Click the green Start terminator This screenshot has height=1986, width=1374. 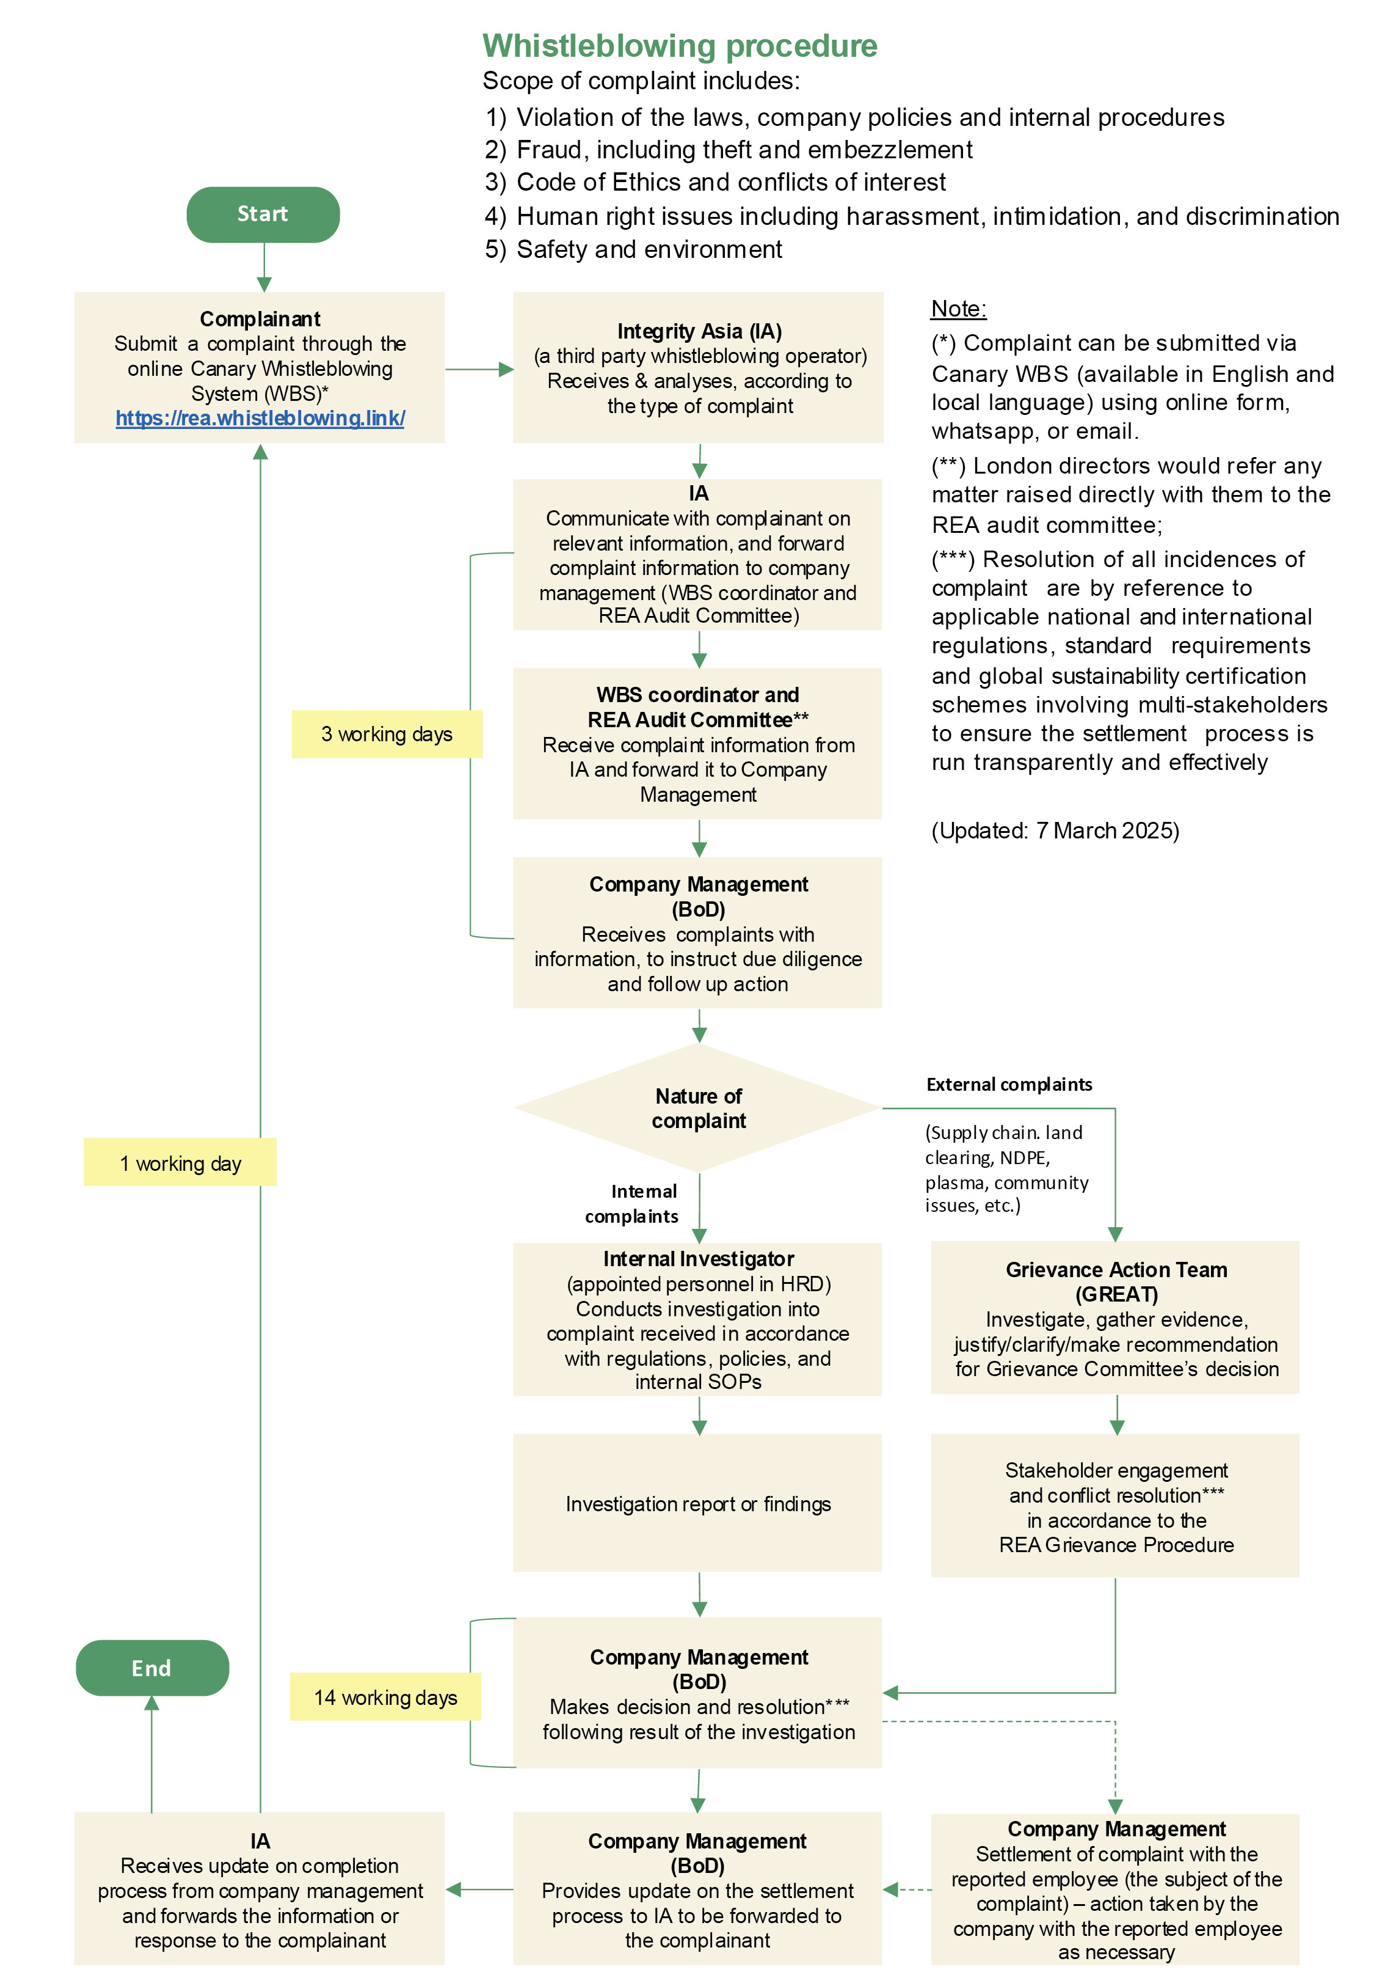(x=263, y=214)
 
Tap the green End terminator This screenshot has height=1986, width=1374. (x=151, y=1668)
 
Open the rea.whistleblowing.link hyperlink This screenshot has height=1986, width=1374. (x=260, y=419)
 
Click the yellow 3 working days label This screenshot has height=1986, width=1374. (x=387, y=734)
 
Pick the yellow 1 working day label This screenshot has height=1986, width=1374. (x=180, y=1163)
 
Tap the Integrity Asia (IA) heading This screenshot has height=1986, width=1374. (x=699, y=332)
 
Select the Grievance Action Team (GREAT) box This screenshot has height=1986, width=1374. (x=1115, y=1317)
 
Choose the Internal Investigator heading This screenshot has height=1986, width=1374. (x=698, y=1259)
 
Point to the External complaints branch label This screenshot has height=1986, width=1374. (x=1009, y=1084)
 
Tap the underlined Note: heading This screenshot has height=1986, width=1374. (x=958, y=309)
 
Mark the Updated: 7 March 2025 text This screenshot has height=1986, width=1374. (x=1055, y=830)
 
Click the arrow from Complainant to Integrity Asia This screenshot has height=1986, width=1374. (x=479, y=370)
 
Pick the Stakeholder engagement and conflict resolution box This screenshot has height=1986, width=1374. (x=1115, y=1506)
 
